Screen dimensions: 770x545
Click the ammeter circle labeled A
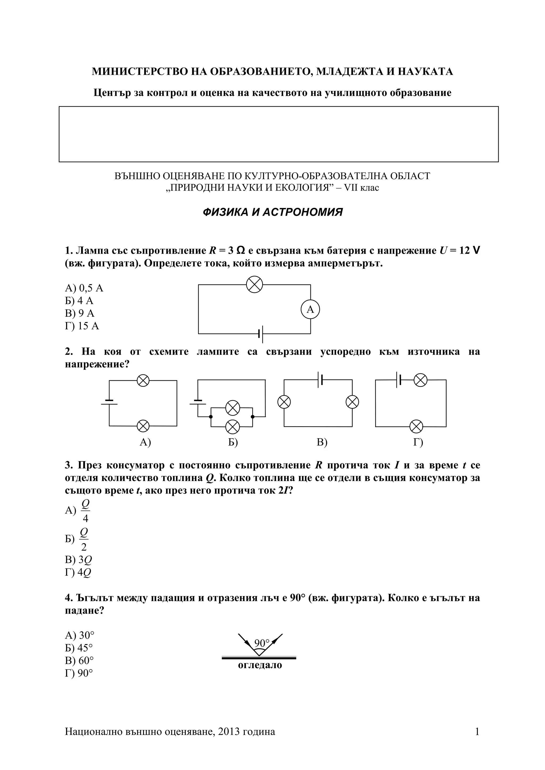310,309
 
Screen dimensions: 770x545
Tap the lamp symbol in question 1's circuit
254,284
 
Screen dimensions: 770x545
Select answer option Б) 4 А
79,300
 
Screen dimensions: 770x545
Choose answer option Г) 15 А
82,326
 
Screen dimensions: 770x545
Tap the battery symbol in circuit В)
320,380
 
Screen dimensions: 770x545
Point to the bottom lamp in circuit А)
143,426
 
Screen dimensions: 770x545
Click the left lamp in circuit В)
284,402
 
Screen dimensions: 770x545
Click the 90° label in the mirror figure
262,643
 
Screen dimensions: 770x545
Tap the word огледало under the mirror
260,665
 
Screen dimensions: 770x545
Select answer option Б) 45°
79,648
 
